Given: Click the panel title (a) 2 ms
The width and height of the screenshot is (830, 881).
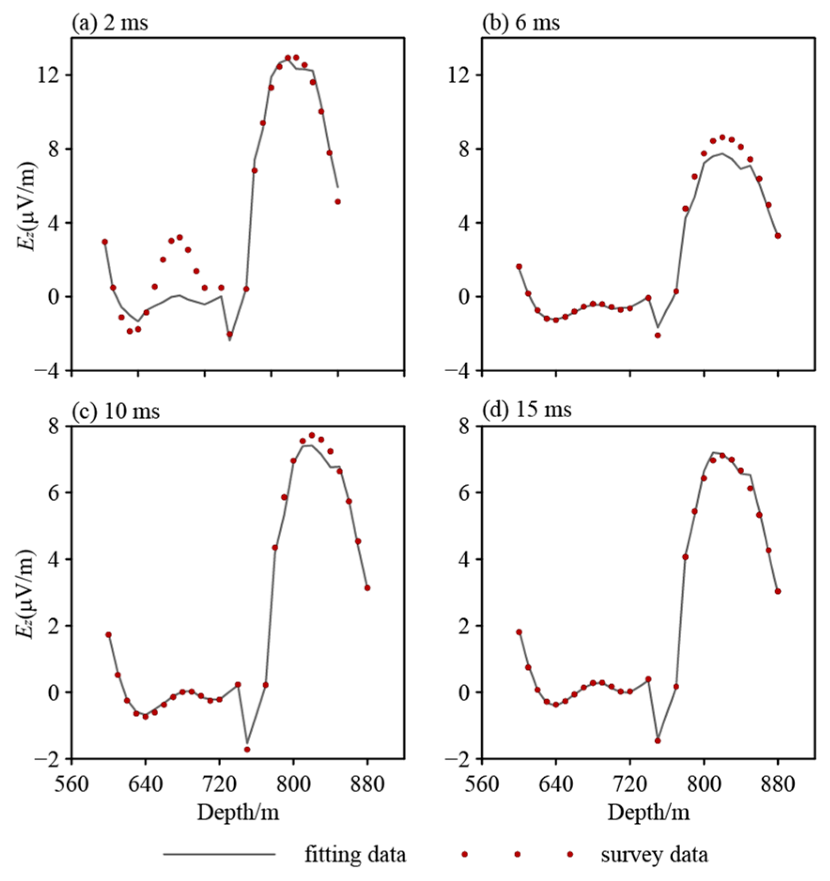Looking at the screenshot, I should coord(109,23).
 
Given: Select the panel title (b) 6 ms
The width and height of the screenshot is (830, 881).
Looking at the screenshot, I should coord(521,23).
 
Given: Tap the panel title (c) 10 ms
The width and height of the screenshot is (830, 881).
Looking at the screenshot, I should coord(115,411).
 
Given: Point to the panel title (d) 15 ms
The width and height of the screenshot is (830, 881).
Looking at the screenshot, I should coord(527,410).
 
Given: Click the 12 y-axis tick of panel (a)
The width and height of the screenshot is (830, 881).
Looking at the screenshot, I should coord(48,75).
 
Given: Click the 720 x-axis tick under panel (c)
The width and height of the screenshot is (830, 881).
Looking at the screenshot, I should coord(219,784).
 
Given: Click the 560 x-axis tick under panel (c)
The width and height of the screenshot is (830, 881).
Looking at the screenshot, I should coord(71,784).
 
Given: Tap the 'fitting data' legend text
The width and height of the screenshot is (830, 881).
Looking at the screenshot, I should coord(355,854).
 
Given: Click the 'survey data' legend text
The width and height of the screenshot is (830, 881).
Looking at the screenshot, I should coord(654,854).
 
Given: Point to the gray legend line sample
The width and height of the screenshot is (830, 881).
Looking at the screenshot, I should coord(219,854).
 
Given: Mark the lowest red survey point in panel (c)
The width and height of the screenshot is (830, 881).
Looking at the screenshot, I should coord(247,750).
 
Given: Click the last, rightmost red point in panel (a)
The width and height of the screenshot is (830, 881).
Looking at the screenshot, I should coord(338,202).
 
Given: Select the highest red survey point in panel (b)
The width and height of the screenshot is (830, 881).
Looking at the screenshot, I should coord(722,138).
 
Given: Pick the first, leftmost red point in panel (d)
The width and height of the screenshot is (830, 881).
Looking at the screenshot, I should coord(519,632).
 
